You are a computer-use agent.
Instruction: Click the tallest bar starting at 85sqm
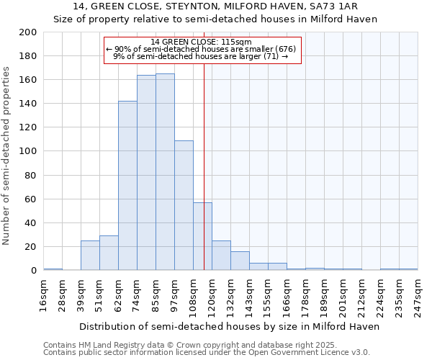pyautogui.click(x=165, y=172)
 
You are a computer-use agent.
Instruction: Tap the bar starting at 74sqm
pyautogui.click(x=146, y=173)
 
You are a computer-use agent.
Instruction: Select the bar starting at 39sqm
pyautogui.click(x=90, y=256)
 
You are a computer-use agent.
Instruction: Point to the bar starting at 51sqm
pyautogui.click(x=109, y=253)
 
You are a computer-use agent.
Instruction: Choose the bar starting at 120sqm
pyautogui.click(x=221, y=256)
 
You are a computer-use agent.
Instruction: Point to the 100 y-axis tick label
pyautogui.click(x=28, y=151)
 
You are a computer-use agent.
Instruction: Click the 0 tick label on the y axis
pyautogui.click(x=34, y=271)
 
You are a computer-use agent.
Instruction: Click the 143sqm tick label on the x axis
pyautogui.click(x=249, y=297)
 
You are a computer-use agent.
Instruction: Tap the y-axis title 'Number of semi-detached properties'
pyautogui.click(x=7, y=155)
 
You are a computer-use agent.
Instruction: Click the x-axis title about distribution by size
pyautogui.click(x=229, y=326)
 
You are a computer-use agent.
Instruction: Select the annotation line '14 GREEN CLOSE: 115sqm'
pyautogui.click(x=202, y=42)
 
